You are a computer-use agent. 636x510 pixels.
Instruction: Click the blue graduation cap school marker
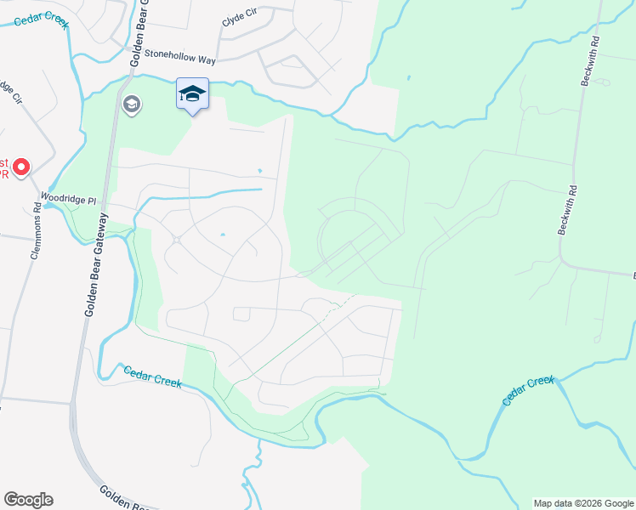coord(192,93)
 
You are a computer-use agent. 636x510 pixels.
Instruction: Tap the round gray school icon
coord(132,105)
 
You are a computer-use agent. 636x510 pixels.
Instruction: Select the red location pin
coord(20,167)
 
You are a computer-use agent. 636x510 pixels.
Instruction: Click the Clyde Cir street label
coord(239,18)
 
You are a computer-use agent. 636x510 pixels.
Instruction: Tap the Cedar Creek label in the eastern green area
coord(528,391)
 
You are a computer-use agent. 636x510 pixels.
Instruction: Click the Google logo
coord(28,500)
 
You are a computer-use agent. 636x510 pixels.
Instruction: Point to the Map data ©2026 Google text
coord(583,503)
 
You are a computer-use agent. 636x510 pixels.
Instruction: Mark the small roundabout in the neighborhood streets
coord(177,241)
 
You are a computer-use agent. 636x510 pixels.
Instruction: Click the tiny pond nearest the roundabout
coord(222,235)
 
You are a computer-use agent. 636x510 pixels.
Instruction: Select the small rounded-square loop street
coord(241,314)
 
